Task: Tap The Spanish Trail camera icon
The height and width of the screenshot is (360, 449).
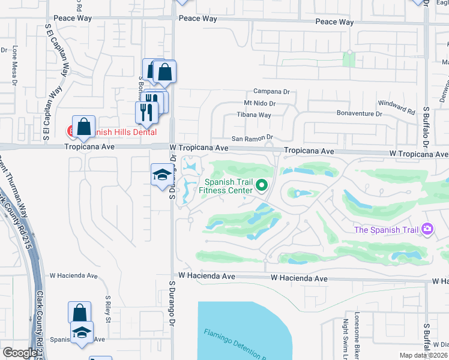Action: [x=427, y=229]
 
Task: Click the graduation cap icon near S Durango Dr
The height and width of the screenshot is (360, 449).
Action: [x=160, y=175]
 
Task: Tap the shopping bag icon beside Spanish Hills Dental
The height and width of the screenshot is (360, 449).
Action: [x=83, y=127]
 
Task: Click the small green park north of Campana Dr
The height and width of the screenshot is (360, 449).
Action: [x=348, y=59]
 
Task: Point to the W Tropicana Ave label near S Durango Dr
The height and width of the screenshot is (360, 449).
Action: [x=199, y=148]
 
